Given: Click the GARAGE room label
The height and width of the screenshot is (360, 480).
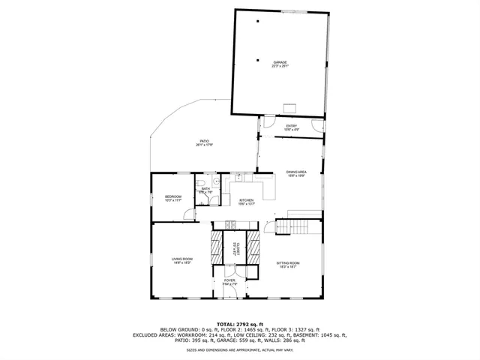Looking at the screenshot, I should tap(280, 62).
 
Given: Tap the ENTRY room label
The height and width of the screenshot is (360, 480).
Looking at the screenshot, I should tap(292, 126).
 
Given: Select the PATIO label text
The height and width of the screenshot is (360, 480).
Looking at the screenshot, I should tap(204, 142).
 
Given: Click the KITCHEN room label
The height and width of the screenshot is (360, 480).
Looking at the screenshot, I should tap(247, 200).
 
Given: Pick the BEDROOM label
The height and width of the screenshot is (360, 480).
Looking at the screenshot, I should tap(173, 196).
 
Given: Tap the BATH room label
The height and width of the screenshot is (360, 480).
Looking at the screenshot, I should tap(205, 189).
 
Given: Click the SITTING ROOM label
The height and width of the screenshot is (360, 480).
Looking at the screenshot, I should tap(288, 262).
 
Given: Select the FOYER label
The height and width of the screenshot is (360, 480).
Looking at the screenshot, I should tap(229, 280).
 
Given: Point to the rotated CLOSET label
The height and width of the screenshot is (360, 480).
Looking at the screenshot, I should tap(234, 248).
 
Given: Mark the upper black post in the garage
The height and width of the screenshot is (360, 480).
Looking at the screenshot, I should tap(257, 22).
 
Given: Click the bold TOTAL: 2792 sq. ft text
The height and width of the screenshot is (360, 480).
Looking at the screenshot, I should tap(239, 324).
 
